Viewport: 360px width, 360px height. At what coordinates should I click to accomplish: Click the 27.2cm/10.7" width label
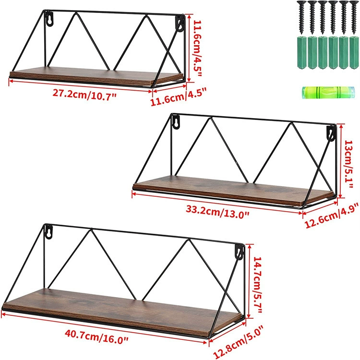(x=84, y=95)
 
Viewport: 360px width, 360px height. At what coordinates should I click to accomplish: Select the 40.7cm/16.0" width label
(x=96, y=336)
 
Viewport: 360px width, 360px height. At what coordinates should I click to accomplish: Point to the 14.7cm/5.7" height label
(x=258, y=285)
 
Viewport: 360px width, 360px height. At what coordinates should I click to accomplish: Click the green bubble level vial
(x=328, y=92)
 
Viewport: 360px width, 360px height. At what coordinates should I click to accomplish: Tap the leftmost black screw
(x=302, y=17)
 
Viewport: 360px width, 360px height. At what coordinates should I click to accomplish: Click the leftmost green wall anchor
(x=302, y=52)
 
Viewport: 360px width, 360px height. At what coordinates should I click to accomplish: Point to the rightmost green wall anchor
(x=354, y=52)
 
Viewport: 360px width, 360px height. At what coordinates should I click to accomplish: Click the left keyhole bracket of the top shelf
(x=49, y=19)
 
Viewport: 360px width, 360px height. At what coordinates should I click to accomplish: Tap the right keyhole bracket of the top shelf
(x=180, y=24)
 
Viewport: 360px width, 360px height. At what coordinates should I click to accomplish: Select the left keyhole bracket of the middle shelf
(x=176, y=122)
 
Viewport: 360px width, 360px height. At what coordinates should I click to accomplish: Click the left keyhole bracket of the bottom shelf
(x=48, y=232)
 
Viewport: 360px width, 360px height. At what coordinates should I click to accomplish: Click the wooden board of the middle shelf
(x=233, y=190)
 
